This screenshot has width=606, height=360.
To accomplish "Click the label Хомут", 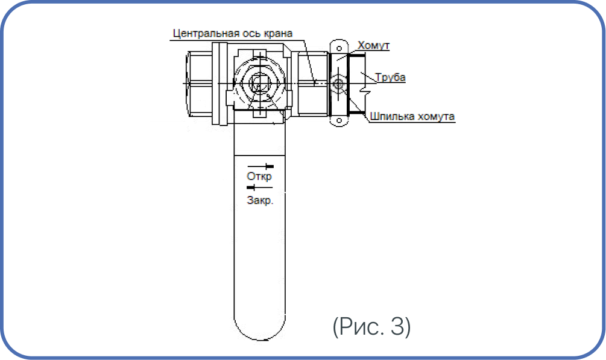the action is click(373, 45).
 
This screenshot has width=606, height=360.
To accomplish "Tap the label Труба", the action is click(390, 77).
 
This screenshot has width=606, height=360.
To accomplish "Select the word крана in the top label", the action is click(278, 34).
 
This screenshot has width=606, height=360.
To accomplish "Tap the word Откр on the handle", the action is click(259, 176).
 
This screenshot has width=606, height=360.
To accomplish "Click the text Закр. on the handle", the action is click(260, 200).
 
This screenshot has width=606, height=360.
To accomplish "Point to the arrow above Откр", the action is click(260, 166).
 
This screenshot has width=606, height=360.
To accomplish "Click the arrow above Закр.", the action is click(260, 188).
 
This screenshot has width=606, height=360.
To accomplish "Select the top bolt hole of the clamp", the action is click(339, 48).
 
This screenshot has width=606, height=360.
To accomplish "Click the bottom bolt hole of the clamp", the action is click(339, 120).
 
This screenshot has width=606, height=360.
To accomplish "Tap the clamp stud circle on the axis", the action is click(339, 84).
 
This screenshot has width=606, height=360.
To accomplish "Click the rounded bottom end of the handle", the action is click(260, 329).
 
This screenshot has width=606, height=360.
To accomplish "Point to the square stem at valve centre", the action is click(258, 84).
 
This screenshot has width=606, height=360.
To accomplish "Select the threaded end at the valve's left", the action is click(200, 84).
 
